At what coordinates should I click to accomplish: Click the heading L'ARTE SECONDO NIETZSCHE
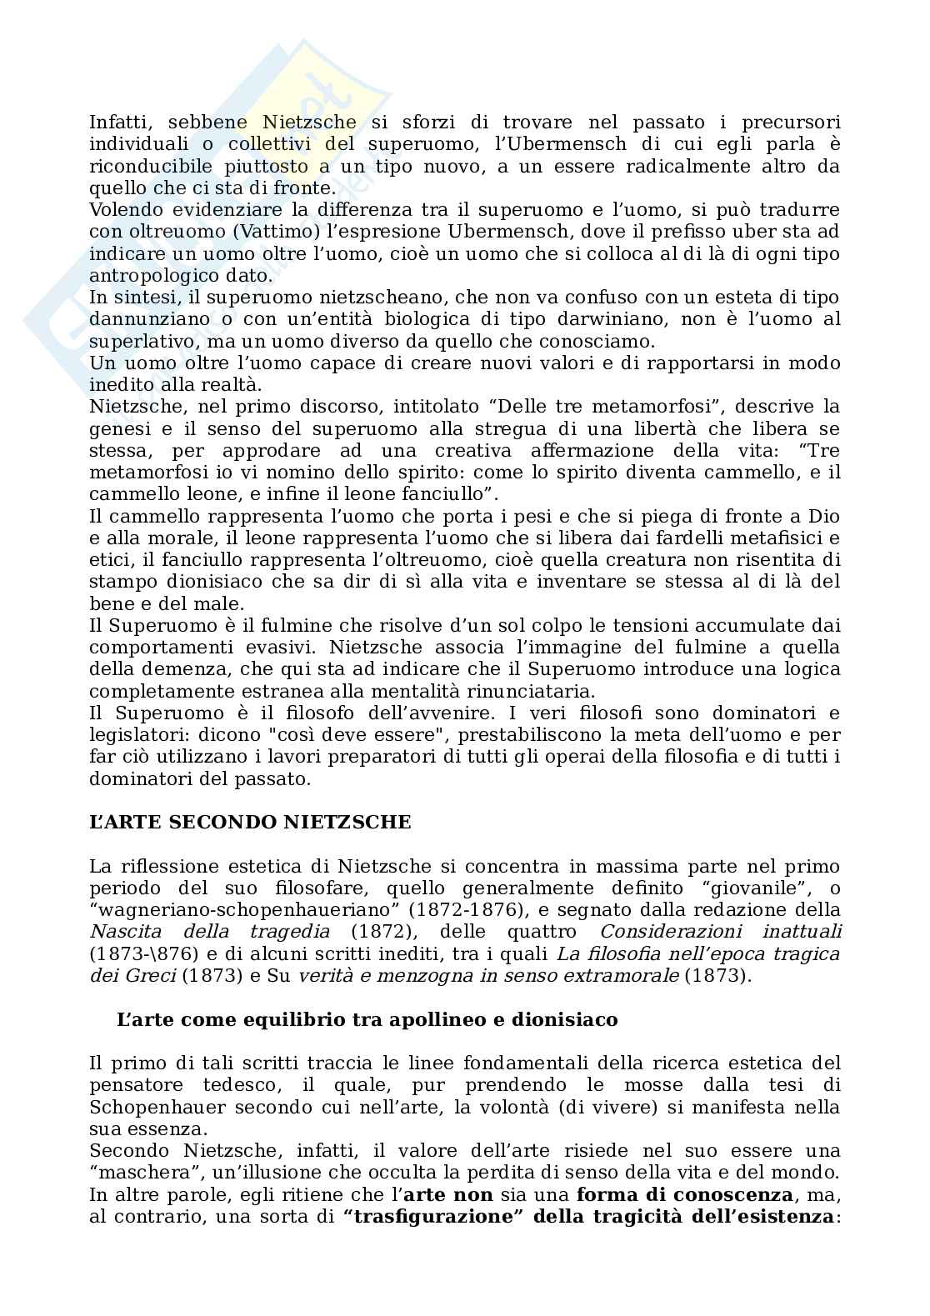click(250, 823)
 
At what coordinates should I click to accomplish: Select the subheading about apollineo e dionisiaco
click(367, 1019)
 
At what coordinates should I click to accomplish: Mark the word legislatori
click(132, 735)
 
